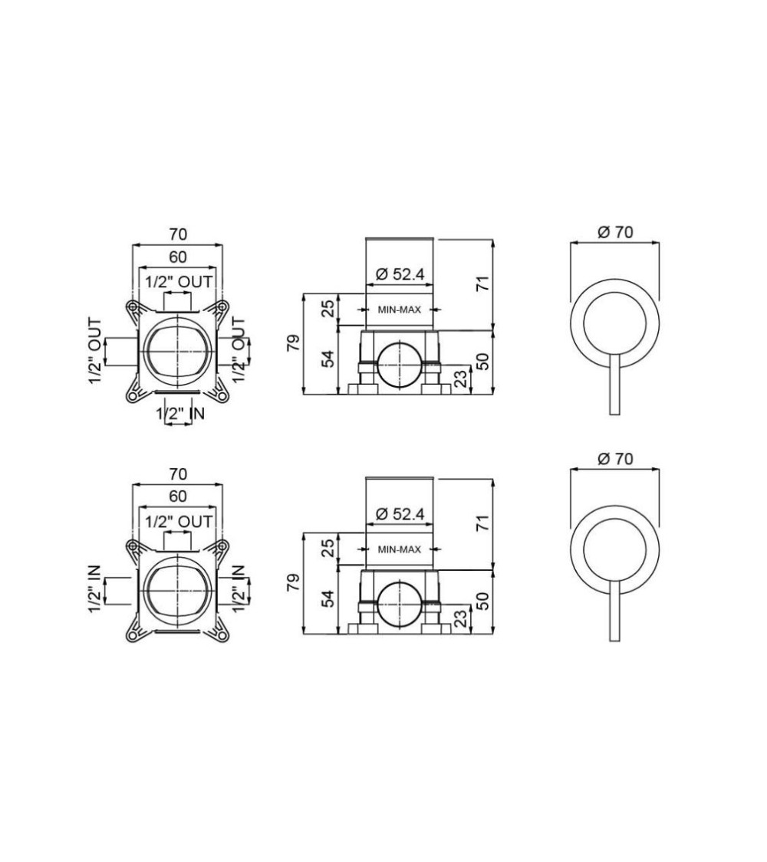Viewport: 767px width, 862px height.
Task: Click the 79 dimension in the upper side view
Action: (295, 343)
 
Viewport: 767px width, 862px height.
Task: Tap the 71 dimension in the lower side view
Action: (482, 523)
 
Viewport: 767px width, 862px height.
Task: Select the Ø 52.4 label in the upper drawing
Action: (400, 274)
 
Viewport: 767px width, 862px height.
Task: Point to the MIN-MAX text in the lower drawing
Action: (400, 549)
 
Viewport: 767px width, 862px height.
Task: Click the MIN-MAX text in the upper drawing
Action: (400, 310)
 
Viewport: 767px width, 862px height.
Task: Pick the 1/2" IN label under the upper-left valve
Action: (180, 413)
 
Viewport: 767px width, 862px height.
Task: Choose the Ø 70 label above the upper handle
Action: (615, 232)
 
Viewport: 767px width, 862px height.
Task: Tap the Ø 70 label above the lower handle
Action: (615, 458)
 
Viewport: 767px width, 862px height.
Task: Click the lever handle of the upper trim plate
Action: (615, 385)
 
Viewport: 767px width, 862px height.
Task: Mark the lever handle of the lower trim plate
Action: (615, 611)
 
